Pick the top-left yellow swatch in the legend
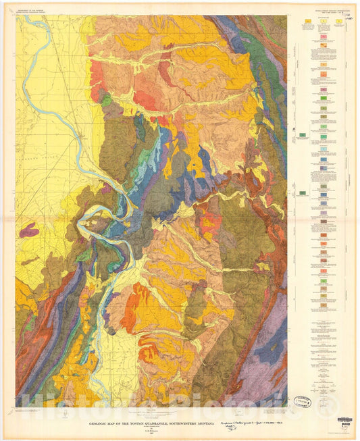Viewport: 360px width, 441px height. (307, 23)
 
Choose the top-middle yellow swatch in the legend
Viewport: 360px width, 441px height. (323, 23)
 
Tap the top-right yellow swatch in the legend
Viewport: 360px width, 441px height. (338, 23)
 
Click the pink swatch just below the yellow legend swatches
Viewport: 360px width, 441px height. (323, 46)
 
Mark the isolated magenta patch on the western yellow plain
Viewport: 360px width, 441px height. (29, 231)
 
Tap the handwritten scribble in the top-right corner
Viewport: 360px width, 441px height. (349, 20)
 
